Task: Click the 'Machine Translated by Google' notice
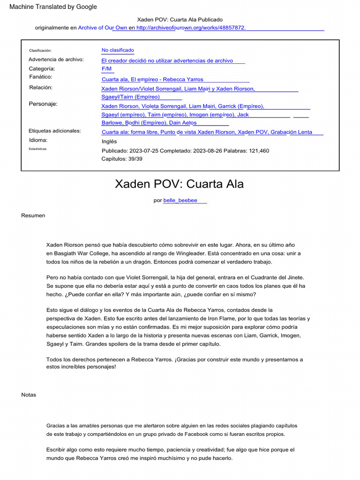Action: (53, 7)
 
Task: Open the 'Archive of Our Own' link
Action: (102, 28)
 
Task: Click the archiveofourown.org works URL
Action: (191, 28)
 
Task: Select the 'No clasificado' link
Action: (118, 50)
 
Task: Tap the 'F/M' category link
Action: (106, 69)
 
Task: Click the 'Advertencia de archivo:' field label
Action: (56, 60)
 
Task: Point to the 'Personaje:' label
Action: (43, 104)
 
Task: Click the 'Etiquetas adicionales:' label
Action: (55, 131)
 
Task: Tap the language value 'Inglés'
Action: (109, 142)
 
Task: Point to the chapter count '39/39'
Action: (135, 159)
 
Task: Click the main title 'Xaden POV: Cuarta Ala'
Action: (180, 184)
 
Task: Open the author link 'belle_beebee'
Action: (180, 201)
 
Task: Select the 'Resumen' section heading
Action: (33, 216)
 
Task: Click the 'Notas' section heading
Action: (29, 395)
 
